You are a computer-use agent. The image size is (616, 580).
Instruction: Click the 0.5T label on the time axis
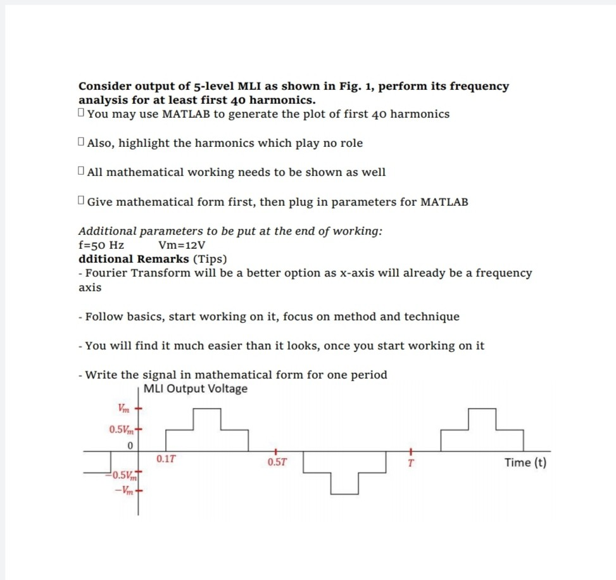pos(277,462)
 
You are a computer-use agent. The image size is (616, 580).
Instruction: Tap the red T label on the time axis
pos(410,462)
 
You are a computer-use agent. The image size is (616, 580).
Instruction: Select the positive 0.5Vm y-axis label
pos(121,430)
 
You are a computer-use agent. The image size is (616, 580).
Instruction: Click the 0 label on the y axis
pos(129,446)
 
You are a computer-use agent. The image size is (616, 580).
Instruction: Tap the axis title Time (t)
pos(525,462)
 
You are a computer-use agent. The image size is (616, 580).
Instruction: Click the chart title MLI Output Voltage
pos(196,389)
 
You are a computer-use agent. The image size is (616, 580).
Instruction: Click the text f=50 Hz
pos(101,245)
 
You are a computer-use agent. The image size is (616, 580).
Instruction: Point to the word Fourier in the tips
pos(108,273)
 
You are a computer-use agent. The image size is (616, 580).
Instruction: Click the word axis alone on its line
pos(89,287)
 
